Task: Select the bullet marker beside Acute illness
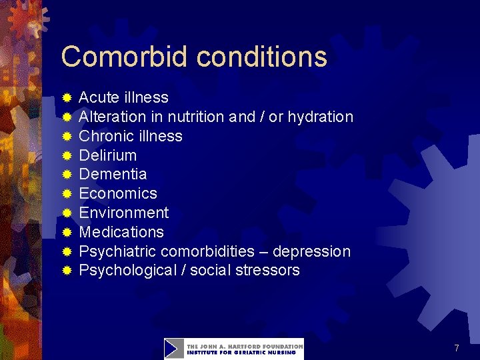[67, 98]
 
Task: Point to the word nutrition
[196, 117]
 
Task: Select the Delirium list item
[107, 155]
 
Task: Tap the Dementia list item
[113, 174]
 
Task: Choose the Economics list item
[118, 193]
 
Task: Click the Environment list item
[123, 213]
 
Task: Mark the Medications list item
[121, 232]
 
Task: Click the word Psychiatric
[117, 251]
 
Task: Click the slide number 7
[456, 348]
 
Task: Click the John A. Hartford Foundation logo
[233, 349]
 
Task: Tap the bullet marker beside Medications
[67, 233]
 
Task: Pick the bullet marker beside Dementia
[67, 175]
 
